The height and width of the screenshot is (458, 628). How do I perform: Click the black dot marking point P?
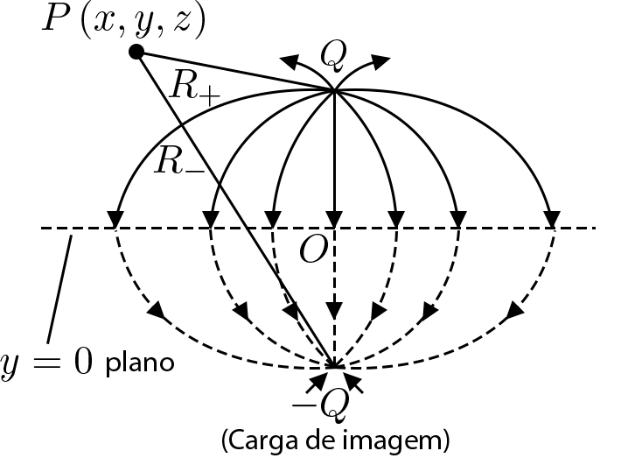(136, 53)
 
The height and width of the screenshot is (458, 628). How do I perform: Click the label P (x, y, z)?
(122, 20)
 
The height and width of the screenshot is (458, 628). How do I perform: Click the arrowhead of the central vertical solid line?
(333, 219)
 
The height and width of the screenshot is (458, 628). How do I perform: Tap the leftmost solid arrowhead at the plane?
(115, 218)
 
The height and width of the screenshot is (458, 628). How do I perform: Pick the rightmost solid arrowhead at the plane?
(553, 218)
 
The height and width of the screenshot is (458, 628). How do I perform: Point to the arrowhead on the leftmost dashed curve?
(158, 310)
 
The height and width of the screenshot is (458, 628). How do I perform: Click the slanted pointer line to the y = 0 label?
(59, 289)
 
